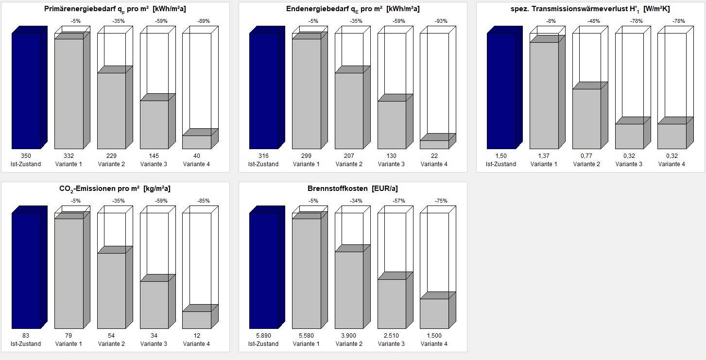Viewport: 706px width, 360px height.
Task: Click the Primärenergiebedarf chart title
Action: tap(115, 9)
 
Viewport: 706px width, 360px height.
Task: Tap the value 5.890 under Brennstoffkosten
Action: tap(263, 336)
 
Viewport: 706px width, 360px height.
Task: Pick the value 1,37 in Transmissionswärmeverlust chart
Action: tap(544, 156)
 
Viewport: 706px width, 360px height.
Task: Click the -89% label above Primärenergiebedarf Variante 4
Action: tap(204, 21)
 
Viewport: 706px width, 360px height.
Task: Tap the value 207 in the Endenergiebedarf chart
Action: tap(349, 156)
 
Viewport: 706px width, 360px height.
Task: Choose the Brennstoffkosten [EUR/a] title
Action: tap(353, 189)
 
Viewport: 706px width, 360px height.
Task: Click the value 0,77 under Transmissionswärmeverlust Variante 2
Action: tap(586, 156)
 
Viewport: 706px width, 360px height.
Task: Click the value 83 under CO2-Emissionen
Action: tap(26, 336)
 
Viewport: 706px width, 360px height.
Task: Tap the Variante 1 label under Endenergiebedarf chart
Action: tap(306, 164)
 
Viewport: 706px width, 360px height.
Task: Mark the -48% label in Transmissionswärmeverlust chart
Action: tap(593, 21)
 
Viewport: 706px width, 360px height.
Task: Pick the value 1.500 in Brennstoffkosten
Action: tap(434, 336)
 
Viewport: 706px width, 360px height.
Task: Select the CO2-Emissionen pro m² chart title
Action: tap(115, 189)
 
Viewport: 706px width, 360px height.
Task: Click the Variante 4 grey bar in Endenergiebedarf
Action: tap(434, 144)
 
